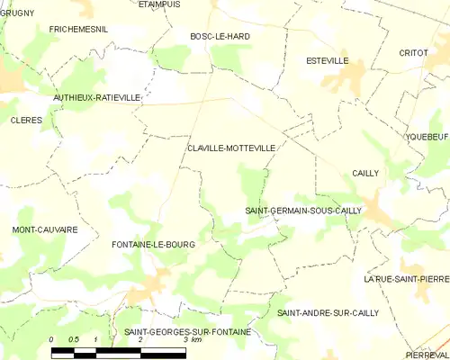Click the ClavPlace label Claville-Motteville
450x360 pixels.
coord(231,146)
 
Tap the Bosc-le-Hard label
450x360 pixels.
coord(220,36)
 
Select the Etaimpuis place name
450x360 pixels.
coord(159,4)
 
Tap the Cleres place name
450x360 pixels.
coord(26,119)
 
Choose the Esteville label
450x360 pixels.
coord(326,61)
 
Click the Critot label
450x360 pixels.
coord(413,53)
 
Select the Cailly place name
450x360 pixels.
coord(365,173)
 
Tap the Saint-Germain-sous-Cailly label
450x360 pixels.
coord(303,211)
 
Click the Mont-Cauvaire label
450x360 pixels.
coord(44,229)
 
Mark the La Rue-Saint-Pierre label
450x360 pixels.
coord(406,279)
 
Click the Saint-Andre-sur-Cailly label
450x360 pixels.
coord(328,312)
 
